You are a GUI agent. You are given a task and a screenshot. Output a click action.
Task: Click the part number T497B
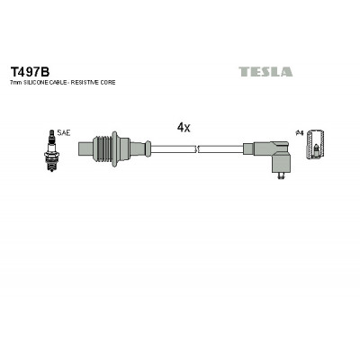(30, 72)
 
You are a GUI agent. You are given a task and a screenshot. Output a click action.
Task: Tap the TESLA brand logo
(265, 72)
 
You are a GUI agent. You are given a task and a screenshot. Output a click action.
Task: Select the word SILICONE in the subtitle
(33, 83)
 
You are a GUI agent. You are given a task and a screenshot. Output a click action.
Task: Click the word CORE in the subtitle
(108, 83)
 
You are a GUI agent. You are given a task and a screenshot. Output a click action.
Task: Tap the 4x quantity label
(184, 128)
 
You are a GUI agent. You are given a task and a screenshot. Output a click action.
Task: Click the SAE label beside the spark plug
(64, 133)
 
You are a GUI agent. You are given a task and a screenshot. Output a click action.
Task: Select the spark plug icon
(52, 150)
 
